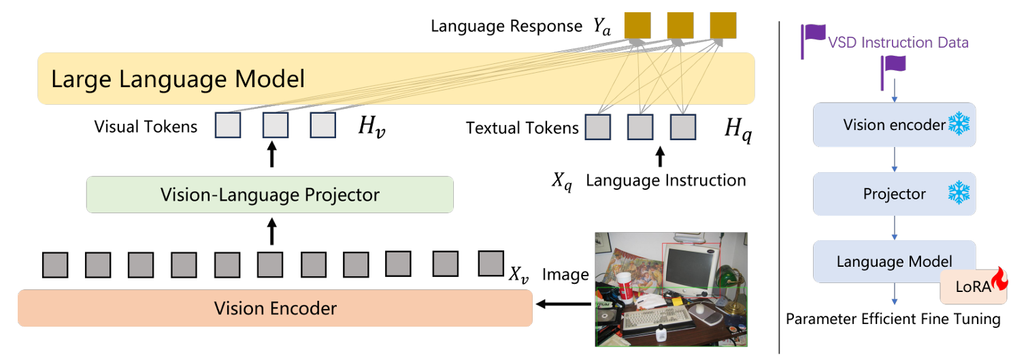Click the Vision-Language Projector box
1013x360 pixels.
(270, 195)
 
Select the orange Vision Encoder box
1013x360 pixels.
(275, 308)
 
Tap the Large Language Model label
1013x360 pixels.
(178, 79)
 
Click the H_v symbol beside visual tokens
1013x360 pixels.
(371, 127)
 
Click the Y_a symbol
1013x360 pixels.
(602, 27)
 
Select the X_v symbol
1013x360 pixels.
(518, 274)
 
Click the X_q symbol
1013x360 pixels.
(562, 182)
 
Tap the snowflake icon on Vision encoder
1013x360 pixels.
(959, 123)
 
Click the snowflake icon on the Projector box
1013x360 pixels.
(959, 193)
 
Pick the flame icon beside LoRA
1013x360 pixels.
(999, 279)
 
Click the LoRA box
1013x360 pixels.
(974, 287)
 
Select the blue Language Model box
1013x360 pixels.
(894, 261)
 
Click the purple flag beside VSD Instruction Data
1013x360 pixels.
(813, 41)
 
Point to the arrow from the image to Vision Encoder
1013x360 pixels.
(563, 304)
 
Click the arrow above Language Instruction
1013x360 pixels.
(661, 157)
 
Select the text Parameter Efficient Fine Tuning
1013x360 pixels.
(893, 319)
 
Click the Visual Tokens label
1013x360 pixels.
(146, 127)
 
